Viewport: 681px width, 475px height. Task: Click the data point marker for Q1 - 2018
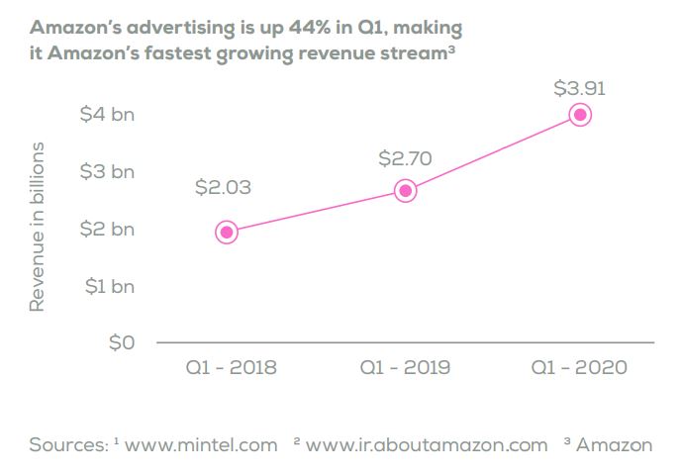227,232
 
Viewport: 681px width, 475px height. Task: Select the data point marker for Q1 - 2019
405,191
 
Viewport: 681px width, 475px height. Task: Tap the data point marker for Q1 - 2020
581,115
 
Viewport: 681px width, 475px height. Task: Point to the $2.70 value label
405,156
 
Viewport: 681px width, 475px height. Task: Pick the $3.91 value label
579,89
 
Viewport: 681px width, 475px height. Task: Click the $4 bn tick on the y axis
107,114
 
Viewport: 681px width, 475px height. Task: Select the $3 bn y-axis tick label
107,171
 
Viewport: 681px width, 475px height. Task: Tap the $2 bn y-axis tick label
107,229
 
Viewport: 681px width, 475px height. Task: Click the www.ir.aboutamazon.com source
427,444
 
